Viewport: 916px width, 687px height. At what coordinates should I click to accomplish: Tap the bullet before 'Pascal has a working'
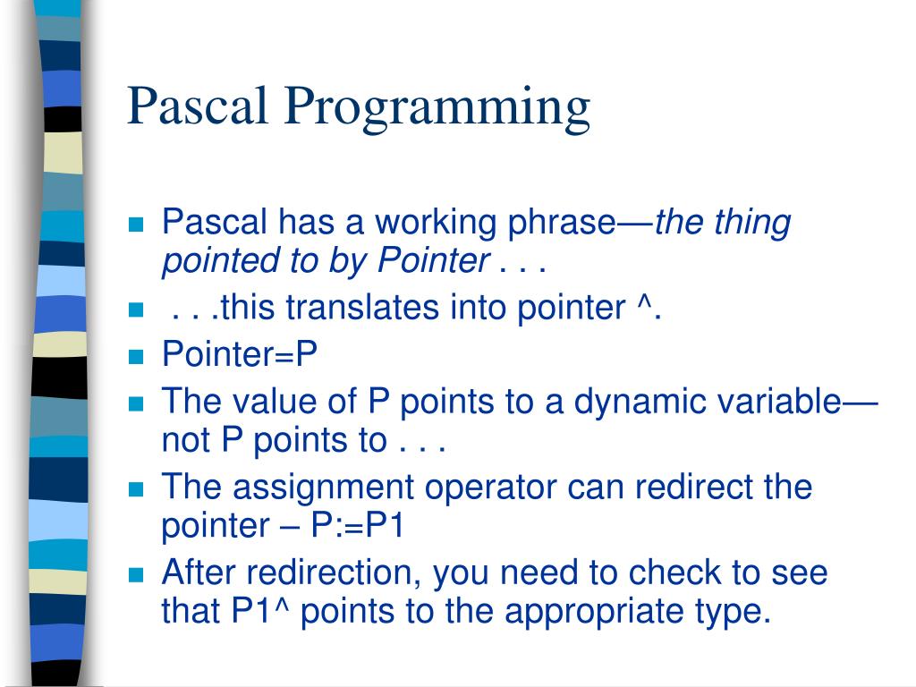coord(137,224)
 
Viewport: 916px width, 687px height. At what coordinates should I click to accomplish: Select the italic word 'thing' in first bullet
coord(752,222)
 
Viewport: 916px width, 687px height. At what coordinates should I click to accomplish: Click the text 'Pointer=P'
coord(240,354)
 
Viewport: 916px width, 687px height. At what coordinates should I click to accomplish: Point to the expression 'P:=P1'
coord(358,526)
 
